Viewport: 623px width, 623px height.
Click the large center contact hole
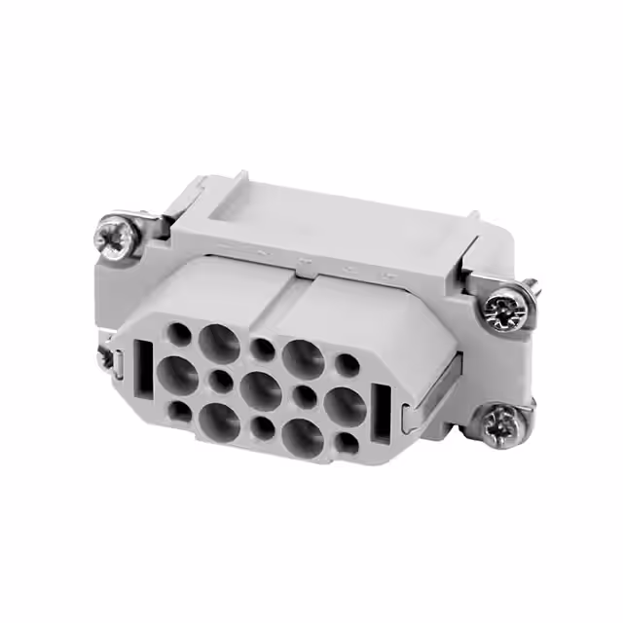point(261,389)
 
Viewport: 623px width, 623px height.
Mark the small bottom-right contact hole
point(347,443)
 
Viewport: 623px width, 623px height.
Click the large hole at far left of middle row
point(176,372)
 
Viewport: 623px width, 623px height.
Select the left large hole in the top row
point(218,342)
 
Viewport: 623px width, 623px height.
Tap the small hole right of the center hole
point(304,394)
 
